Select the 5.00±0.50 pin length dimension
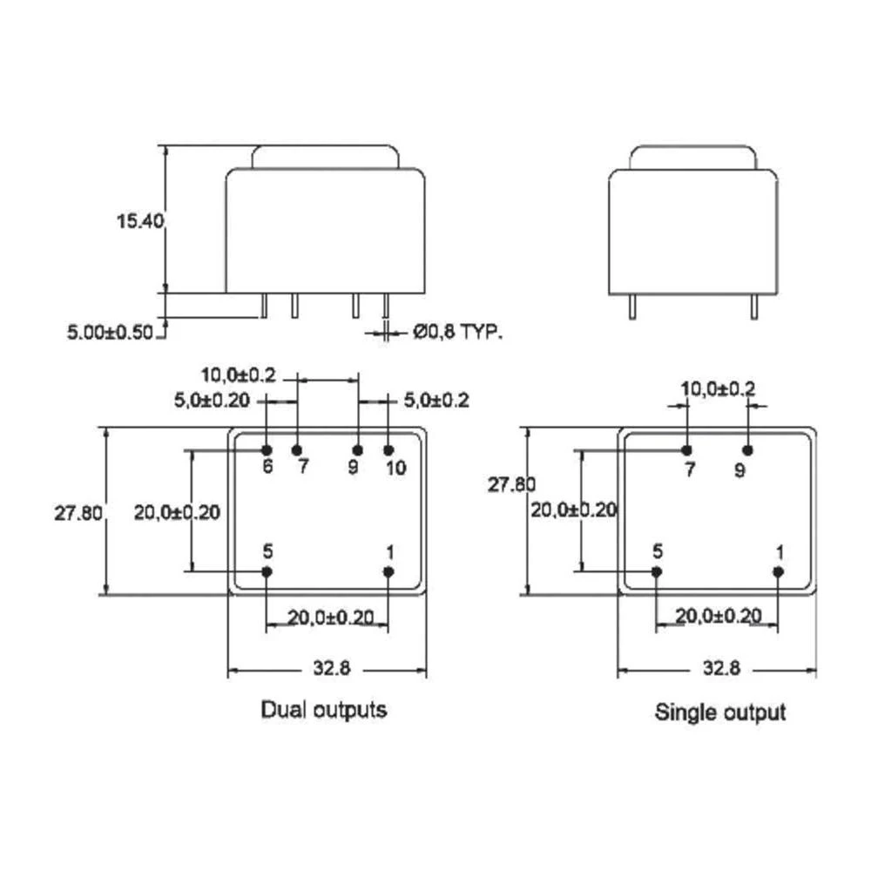111,331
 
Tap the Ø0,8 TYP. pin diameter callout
458,331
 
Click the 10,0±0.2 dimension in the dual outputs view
238,375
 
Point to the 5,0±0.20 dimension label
211,401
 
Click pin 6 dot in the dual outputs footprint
267,449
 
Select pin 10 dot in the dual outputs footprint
388,449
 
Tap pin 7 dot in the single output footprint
686,449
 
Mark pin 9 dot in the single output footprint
746,449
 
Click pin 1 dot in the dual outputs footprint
388,571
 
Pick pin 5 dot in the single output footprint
657,571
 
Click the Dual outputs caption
324,710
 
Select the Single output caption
719,712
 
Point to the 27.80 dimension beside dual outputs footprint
78,513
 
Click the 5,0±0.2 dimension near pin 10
435,401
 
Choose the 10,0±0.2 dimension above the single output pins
718,389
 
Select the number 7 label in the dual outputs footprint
302,468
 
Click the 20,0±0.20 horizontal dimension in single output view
718,617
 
